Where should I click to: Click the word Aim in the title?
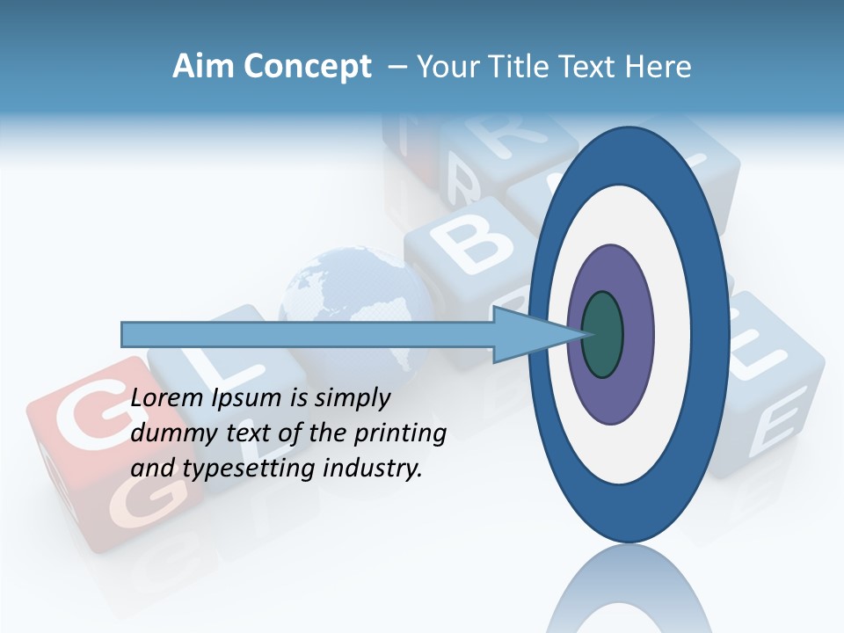pos(203,67)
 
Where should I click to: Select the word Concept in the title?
pos(307,67)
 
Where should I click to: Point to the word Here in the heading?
pos(658,67)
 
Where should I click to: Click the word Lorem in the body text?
pos(168,398)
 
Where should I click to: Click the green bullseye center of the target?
pos(602,334)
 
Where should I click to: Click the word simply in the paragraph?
pos(352,398)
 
